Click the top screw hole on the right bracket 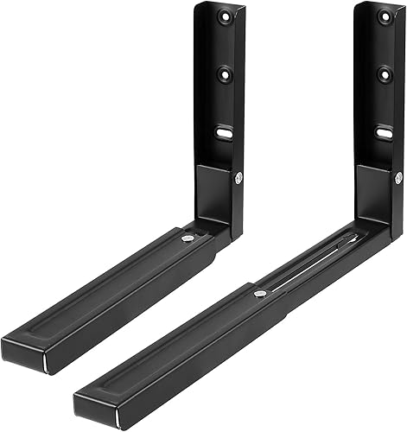[385, 16]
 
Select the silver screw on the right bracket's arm [258, 295]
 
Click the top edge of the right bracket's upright [380, 5]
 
